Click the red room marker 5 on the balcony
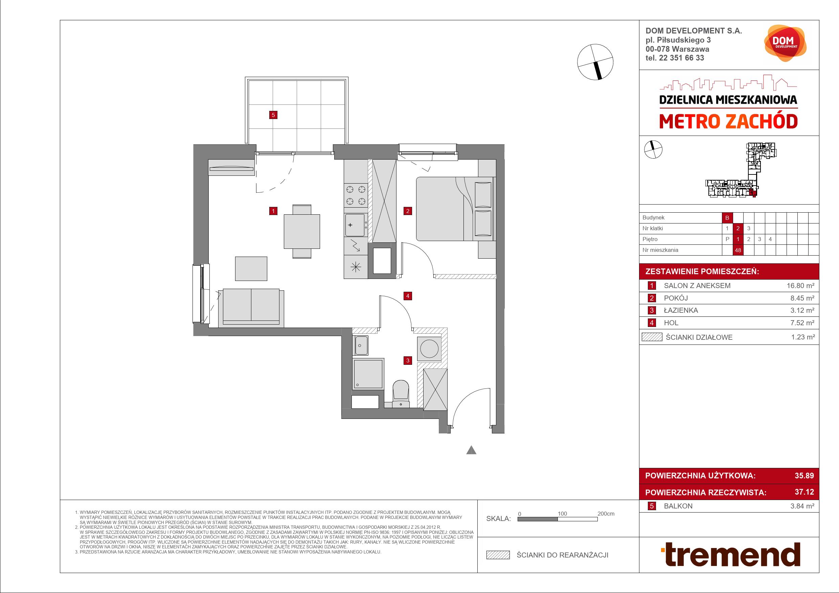point(273,115)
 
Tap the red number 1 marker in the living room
point(273,211)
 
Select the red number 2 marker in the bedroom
point(408,211)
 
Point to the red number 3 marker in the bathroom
point(408,360)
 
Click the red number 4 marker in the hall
point(408,296)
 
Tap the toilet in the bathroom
point(401,394)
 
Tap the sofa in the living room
point(251,307)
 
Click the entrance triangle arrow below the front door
point(471,450)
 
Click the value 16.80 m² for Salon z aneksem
point(801,286)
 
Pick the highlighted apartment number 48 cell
point(738,250)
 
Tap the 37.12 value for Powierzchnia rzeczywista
point(804,492)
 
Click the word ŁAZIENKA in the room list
point(681,310)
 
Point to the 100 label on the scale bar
point(562,514)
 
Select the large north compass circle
point(595,62)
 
